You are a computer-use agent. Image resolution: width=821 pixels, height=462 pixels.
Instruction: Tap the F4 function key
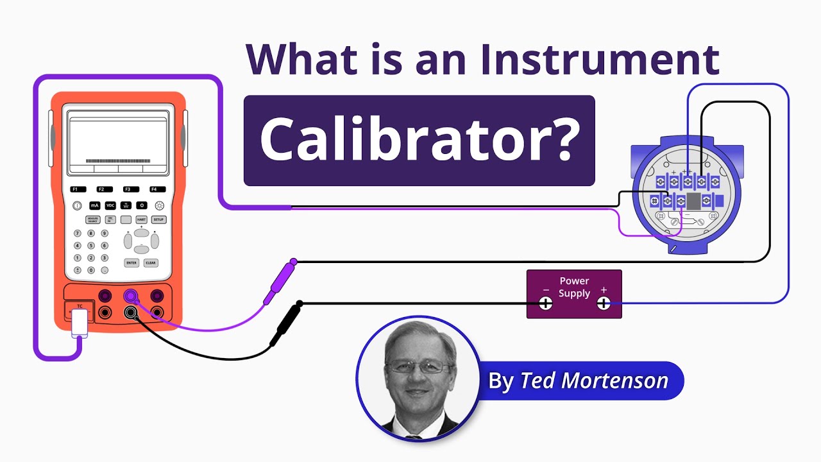(154, 189)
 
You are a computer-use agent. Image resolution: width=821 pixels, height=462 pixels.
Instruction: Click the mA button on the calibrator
(94, 205)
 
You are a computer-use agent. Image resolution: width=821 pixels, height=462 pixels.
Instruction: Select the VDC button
(110, 205)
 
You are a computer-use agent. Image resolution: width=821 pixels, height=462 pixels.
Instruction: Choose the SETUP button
(158, 219)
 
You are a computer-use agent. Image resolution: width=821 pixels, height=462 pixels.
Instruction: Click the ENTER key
(131, 262)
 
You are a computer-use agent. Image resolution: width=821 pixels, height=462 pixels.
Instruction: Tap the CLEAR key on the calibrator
(150, 262)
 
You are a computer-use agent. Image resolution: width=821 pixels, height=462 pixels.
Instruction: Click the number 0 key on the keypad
(90, 269)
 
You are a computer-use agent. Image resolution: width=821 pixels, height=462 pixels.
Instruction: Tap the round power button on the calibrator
(78, 206)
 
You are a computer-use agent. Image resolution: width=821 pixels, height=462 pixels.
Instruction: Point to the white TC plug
(80, 322)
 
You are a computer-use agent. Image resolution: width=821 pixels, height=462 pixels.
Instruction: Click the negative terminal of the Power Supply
(545, 304)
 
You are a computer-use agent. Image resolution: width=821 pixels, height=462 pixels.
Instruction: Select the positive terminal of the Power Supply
(604, 304)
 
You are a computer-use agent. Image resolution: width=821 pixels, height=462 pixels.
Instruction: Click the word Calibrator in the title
(419, 139)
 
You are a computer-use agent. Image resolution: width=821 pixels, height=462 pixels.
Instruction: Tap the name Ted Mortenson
(593, 381)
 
